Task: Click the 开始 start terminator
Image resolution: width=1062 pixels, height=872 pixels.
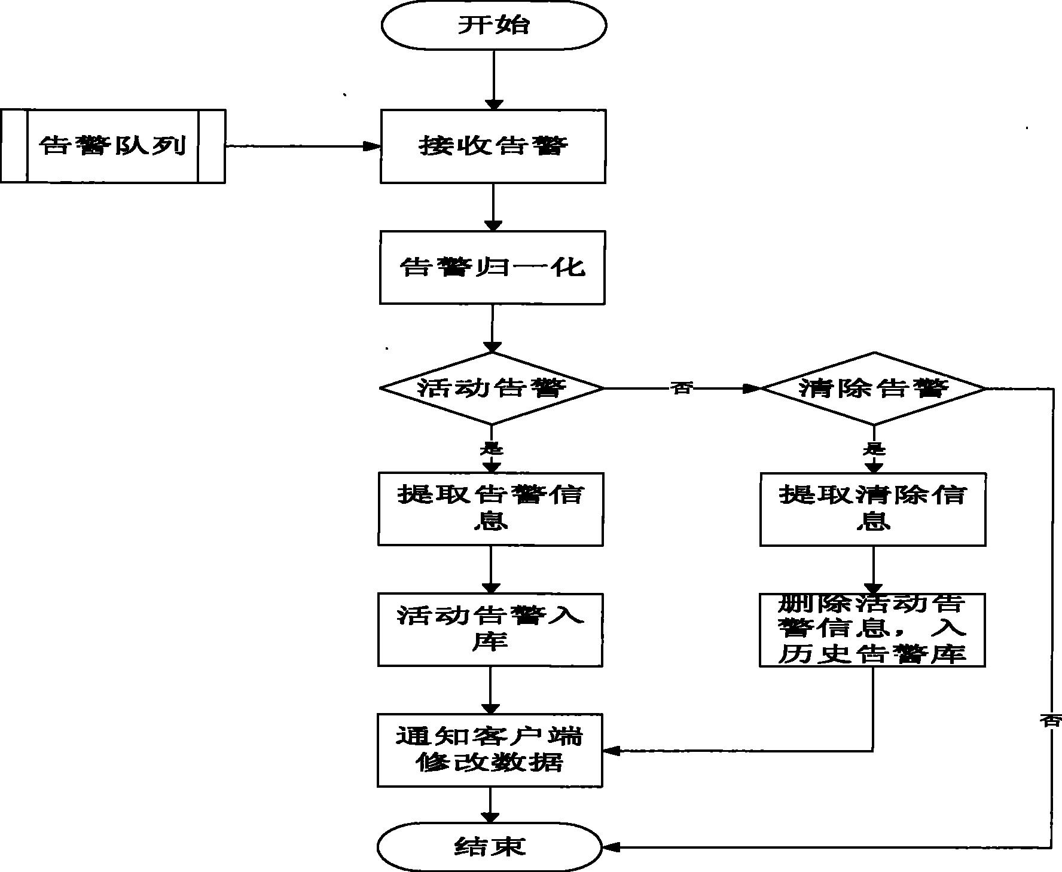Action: coord(494,25)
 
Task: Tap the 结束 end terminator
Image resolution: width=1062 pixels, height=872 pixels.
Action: coord(489,846)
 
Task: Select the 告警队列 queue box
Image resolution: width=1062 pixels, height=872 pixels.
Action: coord(112,146)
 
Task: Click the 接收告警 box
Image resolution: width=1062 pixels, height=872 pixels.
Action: coord(493,146)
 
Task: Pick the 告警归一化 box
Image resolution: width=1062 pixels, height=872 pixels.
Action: coord(492,267)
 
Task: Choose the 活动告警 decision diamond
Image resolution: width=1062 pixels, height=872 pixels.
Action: coord(492,388)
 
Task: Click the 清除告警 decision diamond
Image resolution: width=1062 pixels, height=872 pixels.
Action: coord(874,388)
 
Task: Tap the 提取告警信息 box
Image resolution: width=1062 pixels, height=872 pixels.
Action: coord(490,509)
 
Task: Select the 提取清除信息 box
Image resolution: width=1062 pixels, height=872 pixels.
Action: coord(872,509)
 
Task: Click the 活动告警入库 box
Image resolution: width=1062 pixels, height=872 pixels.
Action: coord(490,629)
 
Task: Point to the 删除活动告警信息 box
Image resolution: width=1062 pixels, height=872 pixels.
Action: coord(872,629)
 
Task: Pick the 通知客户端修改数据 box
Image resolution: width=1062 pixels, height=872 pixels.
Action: coord(490,750)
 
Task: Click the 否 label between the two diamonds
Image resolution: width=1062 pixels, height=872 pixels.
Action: coord(681,388)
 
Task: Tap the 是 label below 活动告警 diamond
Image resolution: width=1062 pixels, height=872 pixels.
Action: coord(492,448)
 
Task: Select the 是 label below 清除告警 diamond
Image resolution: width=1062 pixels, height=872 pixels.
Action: coord(874,449)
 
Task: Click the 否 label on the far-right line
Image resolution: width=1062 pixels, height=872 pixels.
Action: coord(1051,720)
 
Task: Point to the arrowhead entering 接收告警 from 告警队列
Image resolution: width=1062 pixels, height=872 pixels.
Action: coord(374,146)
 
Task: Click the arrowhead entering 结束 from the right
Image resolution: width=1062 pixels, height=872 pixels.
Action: coord(611,847)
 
